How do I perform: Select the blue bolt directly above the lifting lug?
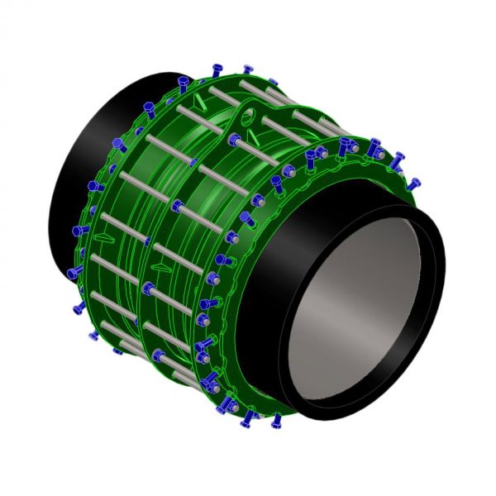[x=248, y=69]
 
